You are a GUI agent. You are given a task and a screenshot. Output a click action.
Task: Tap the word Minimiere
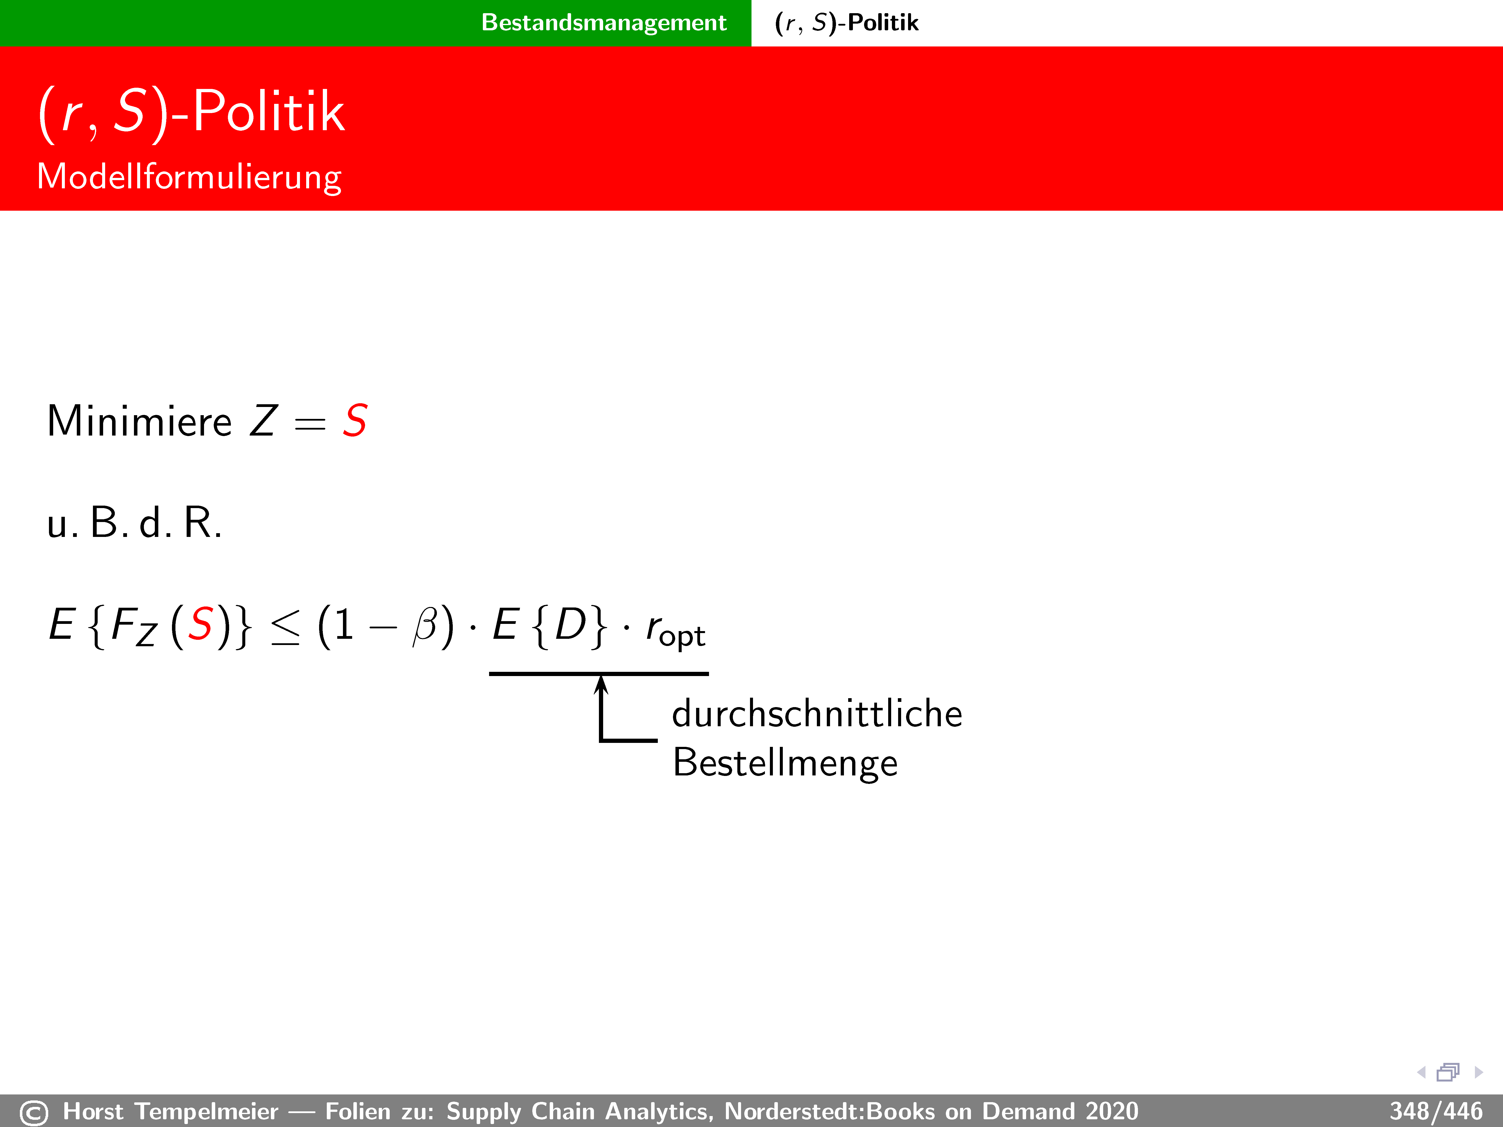(139, 421)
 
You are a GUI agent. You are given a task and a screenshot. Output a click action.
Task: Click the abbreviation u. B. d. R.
(134, 523)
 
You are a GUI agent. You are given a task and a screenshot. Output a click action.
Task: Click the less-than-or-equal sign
(285, 627)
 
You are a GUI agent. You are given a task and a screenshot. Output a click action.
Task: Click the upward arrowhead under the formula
(601, 684)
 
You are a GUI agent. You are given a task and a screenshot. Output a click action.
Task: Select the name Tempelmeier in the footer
(207, 1111)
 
